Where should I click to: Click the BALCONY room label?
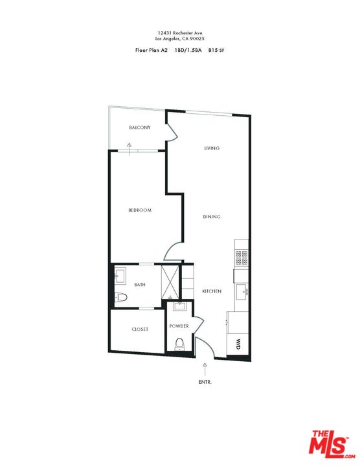(x=139, y=128)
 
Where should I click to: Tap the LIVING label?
(x=212, y=148)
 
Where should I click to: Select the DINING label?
(x=211, y=217)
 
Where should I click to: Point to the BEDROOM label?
(x=139, y=210)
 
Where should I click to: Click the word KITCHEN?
(x=212, y=291)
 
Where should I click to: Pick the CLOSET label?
(x=140, y=329)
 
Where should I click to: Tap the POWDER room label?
(x=179, y=326)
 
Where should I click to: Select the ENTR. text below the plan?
(x=205, y=382)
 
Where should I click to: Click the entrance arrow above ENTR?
(x=205, y=368)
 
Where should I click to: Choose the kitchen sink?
(x=243, y=291)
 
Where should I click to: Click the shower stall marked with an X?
(x=169, y=280)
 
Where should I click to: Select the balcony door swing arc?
(x=172, y=131)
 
